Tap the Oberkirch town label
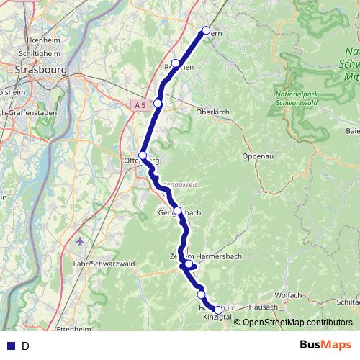213,112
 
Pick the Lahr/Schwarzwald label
104,264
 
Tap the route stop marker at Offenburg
143,156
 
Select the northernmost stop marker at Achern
206,30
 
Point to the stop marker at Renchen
176,63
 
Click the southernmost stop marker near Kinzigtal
218,310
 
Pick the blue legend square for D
9,346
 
